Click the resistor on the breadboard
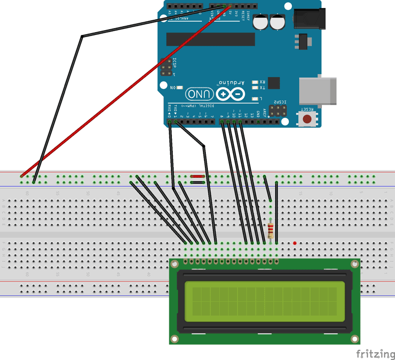[x=270, y=230]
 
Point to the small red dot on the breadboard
[x=295, y=243]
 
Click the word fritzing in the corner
[x=375, y=354]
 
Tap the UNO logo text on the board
[x=199, y=94]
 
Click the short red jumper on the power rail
[x=198, y=176]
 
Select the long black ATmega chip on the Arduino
[x=210, y=40]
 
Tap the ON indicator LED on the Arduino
[x=179, y=87]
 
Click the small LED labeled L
[x=255, y=99]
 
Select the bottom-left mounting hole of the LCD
[x=174, y=339]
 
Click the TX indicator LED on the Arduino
[x=255, y=88]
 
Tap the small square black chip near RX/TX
[x=274, y=83]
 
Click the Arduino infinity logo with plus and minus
[x=230, y=94]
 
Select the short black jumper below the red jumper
[x=198, y=182]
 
